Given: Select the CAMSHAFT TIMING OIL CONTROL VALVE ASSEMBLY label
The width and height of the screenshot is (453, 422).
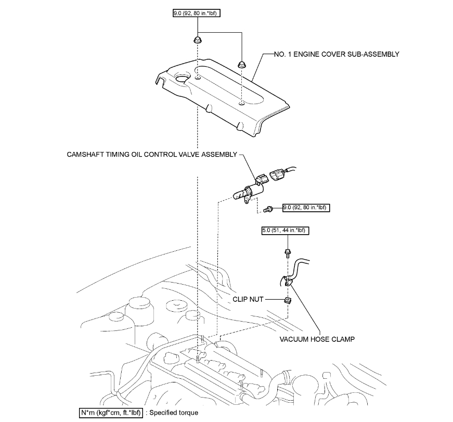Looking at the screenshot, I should pyautogui.click(x=151, y=155).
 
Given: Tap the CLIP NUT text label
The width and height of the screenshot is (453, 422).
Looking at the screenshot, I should pyautogui.click(x=264, y=299).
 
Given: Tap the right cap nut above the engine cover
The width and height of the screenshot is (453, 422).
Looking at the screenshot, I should pyautogui.click(x=241, y=64).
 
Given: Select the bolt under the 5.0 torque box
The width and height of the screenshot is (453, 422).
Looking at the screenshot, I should pyautogui.click(x=287, y=253).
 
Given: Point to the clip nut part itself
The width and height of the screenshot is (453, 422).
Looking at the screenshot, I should pyautogui.click(x=287, y=300).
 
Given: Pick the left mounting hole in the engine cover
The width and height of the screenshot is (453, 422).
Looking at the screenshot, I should pyautogui.click(x=198, y=79).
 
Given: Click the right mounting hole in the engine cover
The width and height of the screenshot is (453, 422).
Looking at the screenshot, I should pyautogui.click(x=242, y=104).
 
